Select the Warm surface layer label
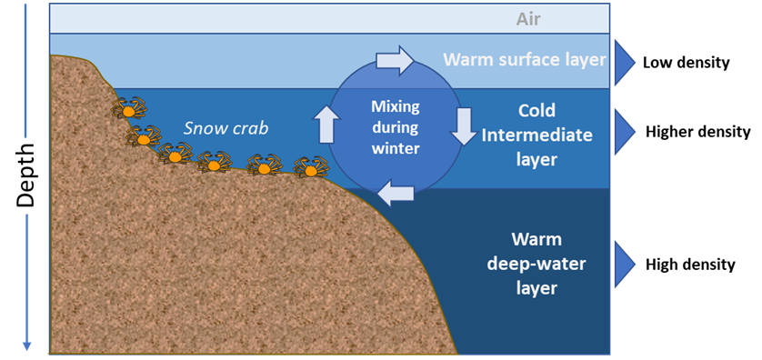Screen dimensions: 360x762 (524, 60)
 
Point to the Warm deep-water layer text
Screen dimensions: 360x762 (535, 265)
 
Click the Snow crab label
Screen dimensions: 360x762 (226, 128)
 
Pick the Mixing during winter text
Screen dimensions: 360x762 (396, 127)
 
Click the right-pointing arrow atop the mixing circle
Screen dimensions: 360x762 (395, 61)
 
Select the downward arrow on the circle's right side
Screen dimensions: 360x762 (464, 126)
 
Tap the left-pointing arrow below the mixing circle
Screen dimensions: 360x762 (396, 192)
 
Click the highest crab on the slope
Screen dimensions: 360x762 (128, 108)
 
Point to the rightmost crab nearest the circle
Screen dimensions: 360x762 (311, 167)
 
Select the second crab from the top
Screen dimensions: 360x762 (144, 136)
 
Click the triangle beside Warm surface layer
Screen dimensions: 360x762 (625, 61)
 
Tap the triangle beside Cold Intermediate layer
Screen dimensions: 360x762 (625, 131)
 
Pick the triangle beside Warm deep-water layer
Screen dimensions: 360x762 (625, 263)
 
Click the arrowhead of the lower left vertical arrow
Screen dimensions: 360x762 (27, 345)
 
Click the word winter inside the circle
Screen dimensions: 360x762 (396, 148)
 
